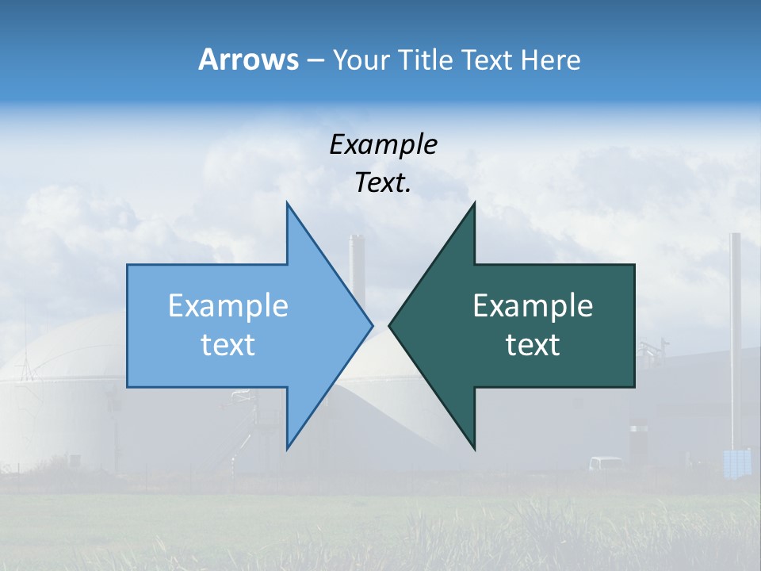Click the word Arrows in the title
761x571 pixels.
click(x=248, y=59)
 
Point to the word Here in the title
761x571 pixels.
click(x=550, y=59)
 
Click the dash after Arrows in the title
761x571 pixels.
click(x=315, y=60)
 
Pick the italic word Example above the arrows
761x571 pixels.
click(x=383, y=144)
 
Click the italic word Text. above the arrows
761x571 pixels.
click(x=383, y=182)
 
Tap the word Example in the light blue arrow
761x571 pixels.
click(x=228, y=305)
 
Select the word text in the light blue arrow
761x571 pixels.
click(x=228, y=345)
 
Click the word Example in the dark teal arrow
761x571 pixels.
click(x=533, y=305)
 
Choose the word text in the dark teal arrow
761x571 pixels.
click(x=533, y=345)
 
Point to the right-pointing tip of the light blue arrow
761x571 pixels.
click(x=371, y=324)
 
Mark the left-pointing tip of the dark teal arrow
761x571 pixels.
click(x=390, y=324)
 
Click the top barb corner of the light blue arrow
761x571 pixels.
click(x=287, y=204)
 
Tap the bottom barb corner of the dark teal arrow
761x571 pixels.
click(x=474, y=449)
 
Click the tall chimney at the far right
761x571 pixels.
click(x=736, y=333)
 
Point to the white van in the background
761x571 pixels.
click(x=606, y=463)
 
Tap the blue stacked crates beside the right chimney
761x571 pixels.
click(x=737, y=462)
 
